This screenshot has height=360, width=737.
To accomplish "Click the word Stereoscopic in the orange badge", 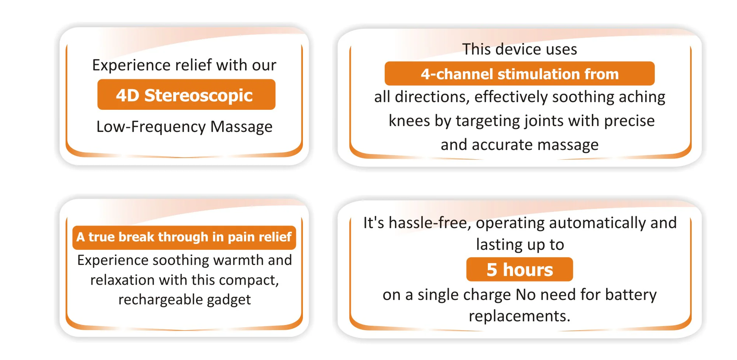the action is [x=198, y=96].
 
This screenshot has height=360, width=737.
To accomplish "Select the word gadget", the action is [x=229, y=300].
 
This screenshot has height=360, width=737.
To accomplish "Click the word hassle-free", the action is [x=430, y=223].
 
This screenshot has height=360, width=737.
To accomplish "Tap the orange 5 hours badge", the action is [x=520, y=269].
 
